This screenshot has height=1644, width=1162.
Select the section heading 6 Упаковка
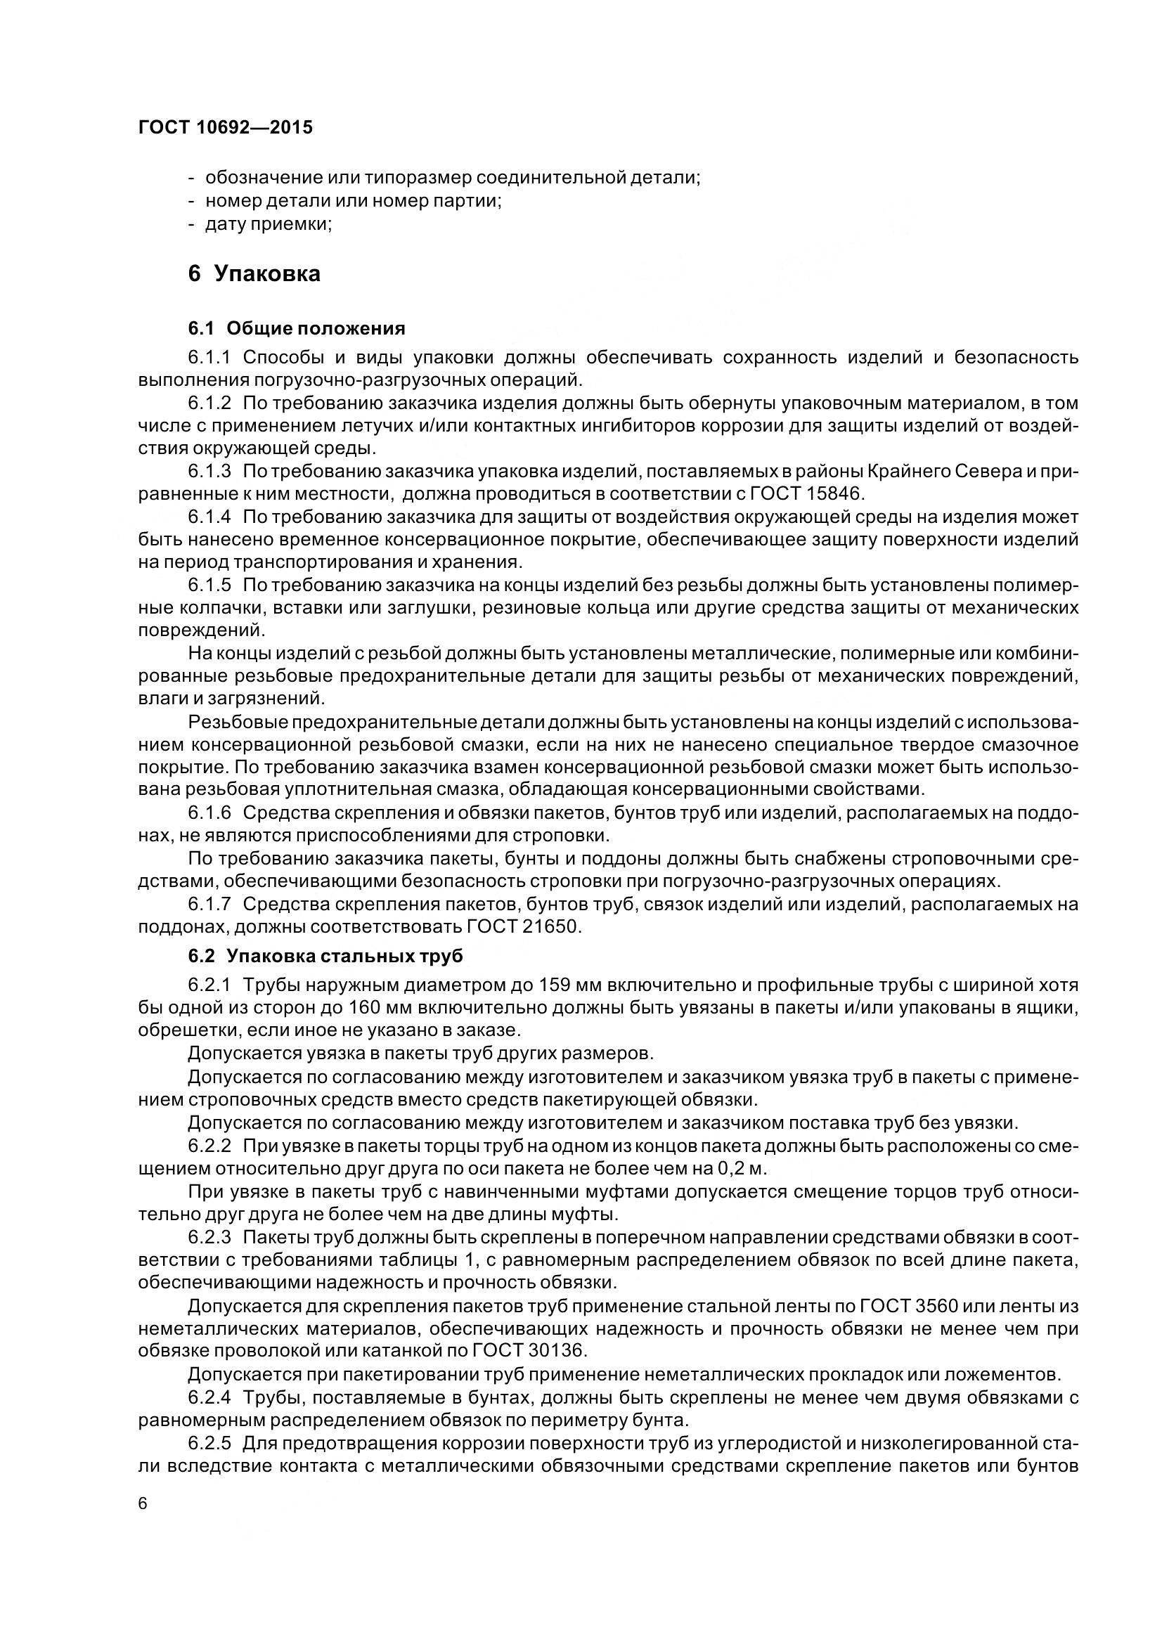pos(254,273)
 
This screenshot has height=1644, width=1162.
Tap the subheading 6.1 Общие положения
pos(297,329)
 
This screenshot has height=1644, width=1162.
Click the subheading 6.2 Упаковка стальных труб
pos(325,956)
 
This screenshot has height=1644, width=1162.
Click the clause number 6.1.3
pos(209,471)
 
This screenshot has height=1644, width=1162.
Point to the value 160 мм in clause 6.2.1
pos(380,1008)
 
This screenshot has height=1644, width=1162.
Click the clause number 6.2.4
pos(209,1397)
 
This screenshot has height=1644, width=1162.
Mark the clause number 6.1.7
pos(209,905)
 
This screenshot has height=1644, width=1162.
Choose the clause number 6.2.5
pos(209,1442)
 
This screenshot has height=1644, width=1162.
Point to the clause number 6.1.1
pos(209,357)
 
